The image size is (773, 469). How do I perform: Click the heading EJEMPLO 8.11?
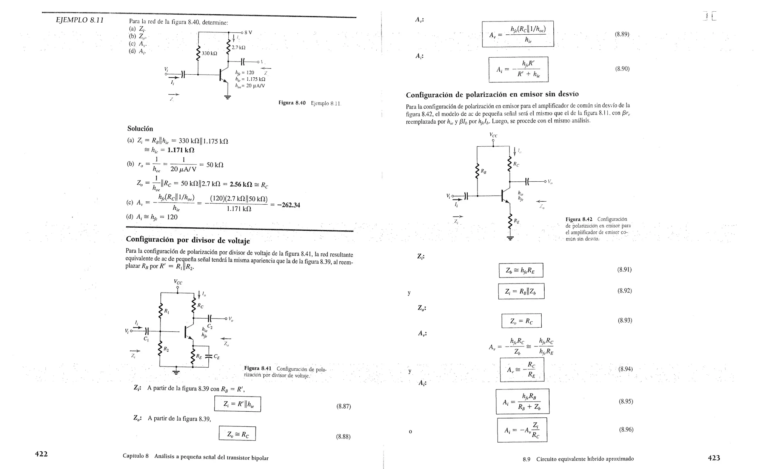[x=80, y=20]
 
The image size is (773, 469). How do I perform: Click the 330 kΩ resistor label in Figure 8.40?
[x=209, y=54]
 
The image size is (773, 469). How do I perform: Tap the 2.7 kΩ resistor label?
[x=239, y=48]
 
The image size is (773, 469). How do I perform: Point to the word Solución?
[x=140, y=129]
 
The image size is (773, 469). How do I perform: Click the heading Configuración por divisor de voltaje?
[x=188, y=240]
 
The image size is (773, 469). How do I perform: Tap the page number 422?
[x=41, y=454]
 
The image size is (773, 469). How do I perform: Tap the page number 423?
[x=714, y=458]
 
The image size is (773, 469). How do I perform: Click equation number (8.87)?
[x=343, y=406]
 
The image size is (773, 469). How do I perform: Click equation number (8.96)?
[x=626, y=429]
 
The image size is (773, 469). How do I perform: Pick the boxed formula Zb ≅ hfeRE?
[x=520, y=270]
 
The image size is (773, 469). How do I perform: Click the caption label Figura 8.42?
[x=579, y=219]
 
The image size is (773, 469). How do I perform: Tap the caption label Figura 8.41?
[x=258, y=368]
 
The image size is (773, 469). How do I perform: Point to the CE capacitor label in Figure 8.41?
[x=216, y=356]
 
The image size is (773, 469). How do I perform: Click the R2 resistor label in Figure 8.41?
[x=166, y=349]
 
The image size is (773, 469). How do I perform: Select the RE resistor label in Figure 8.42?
[x=516, y=222]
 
